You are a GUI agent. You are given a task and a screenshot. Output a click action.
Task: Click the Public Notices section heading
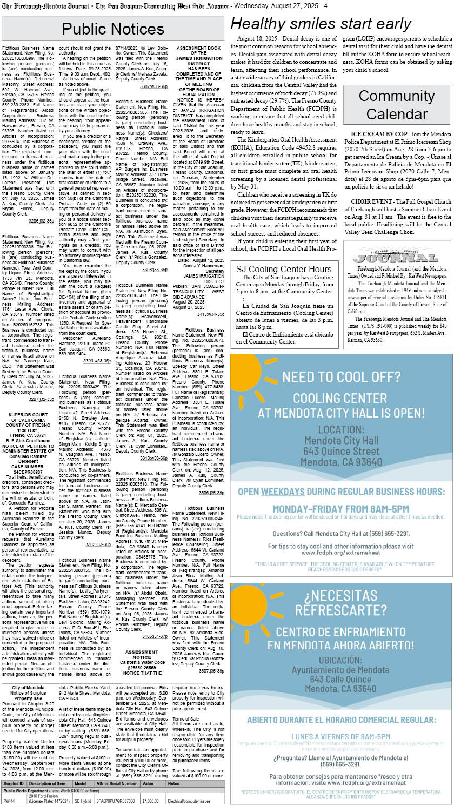tap(113, 28)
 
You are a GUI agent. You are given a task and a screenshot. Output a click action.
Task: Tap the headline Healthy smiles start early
tap(321, 24)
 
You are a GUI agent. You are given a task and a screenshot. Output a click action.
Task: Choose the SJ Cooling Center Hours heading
tap(284, 269)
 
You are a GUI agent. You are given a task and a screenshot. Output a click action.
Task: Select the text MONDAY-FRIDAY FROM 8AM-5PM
tap(340, 509)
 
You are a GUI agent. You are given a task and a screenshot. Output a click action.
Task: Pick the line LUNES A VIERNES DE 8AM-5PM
tap(340, 736)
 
